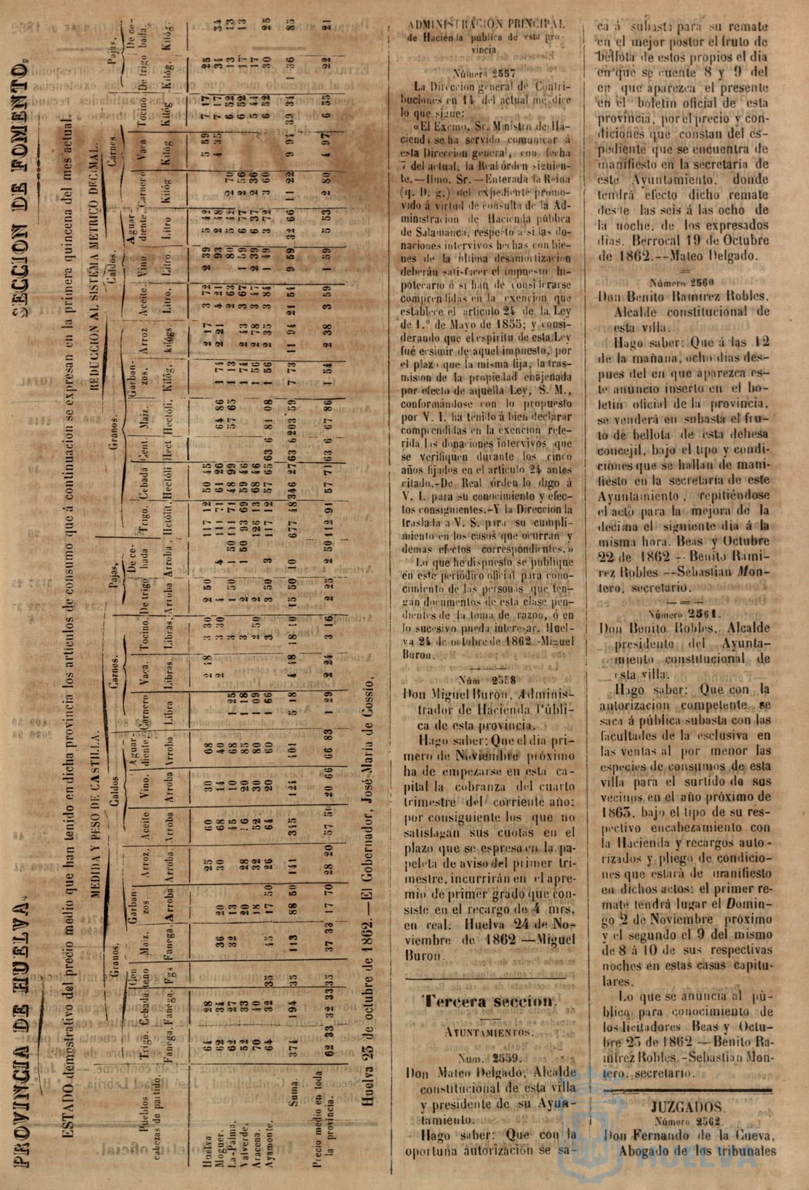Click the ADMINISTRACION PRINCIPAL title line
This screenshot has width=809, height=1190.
click(x=487, y=24)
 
